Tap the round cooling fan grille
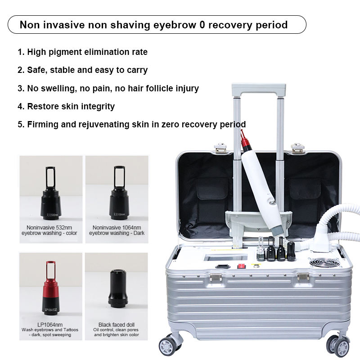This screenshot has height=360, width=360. tap(327, 263)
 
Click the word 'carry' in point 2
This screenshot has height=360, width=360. tap(136, 70)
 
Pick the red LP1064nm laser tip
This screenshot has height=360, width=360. tap(50, 288)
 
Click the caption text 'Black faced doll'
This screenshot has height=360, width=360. tap(117, 324)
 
